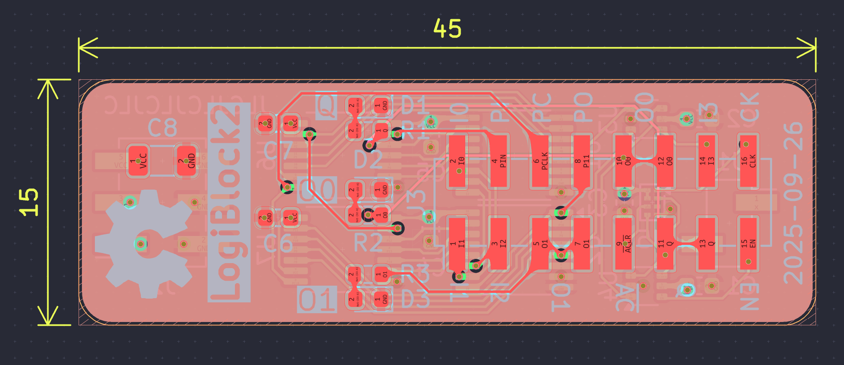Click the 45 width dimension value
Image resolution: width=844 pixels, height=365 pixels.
tap(447, 28)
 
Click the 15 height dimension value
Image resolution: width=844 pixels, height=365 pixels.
tap(29, 202)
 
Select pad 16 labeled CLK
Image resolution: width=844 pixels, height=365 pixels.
tap(748, 161)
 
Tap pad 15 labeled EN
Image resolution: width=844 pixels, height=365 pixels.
tap(748, 243)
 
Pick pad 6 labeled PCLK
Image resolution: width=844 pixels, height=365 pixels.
tap(540, 161)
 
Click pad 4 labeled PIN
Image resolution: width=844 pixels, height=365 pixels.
tap(498, 161)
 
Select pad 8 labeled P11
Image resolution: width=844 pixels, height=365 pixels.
tap(581, 161)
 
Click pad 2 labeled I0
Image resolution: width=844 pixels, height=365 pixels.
tap(457, 161)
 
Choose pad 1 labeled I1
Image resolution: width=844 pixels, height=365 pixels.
tap(457, 243)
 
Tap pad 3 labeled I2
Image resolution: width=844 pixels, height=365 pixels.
tap(498, 243)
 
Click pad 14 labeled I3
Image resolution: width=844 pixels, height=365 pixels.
tap(706, 161)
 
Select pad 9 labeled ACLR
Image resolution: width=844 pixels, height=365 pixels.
tap(623, 243)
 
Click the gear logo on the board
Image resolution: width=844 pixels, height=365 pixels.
tap(144, 244)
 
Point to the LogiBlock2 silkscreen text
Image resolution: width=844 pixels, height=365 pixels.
tap(229, 203)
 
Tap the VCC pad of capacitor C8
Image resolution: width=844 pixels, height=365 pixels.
tap(138, 161)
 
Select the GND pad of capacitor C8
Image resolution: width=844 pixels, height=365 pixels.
tap(186, 161)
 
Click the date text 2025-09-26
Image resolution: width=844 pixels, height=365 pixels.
tap(793, 203)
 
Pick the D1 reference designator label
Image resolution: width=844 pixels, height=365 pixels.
tap(413, 105)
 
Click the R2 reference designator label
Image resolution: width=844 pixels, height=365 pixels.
tap(368, 243)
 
